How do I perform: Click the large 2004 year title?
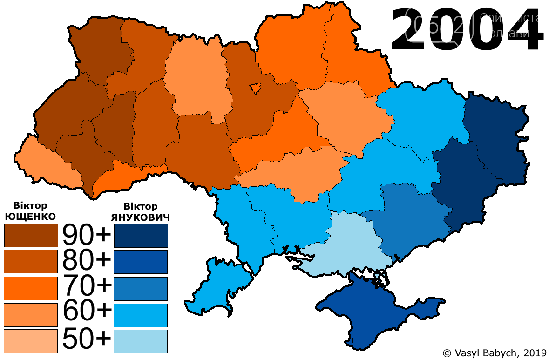466,30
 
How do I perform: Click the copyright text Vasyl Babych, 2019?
494,353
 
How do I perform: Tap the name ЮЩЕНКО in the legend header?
30,216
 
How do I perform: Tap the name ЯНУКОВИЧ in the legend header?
141,217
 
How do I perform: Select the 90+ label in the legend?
87,236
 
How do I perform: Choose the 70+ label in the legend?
87,287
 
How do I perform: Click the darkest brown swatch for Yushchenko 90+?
31,236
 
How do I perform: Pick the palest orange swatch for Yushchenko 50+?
31,341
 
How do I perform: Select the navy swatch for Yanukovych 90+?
141,236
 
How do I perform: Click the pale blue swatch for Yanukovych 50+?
141,341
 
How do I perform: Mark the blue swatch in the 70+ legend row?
141,288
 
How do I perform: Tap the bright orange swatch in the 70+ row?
31,288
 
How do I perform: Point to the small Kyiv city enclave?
255,88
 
